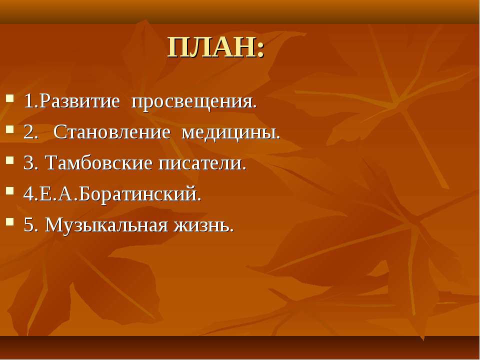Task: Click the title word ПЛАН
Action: click(211, 48)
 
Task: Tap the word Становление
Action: click(111, 132)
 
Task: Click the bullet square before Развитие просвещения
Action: click(10, 98)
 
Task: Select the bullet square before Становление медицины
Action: click(10, 129)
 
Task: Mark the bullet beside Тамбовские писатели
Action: click(10, 160)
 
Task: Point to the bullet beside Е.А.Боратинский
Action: click(10, 191)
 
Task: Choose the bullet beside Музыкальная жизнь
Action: click(10, 222)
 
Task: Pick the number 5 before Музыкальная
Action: click(28, 225)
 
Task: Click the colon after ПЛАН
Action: click(260, 49)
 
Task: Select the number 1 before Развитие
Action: click(28, 101)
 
